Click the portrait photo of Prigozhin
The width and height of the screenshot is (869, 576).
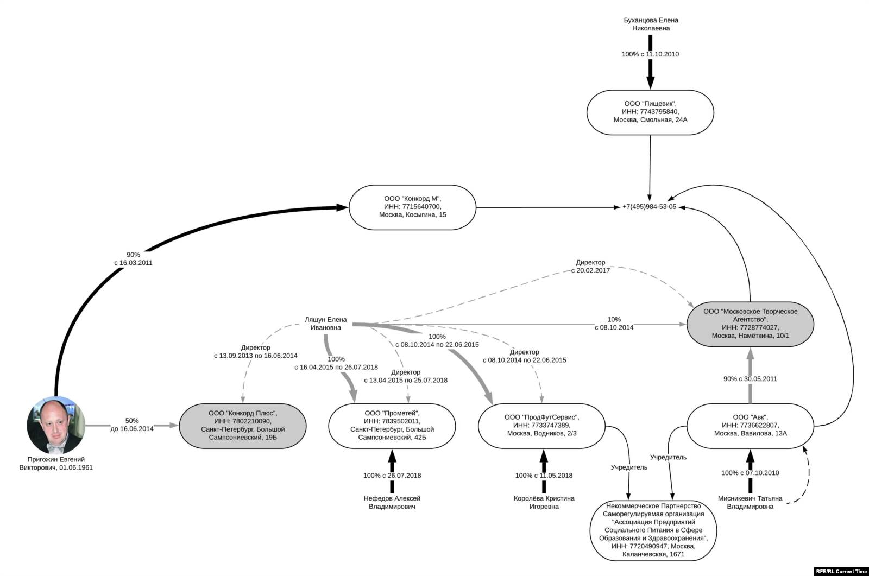point(56,426)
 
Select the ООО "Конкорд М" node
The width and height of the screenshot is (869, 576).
point(412,207)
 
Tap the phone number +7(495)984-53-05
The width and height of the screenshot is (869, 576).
point(649,207)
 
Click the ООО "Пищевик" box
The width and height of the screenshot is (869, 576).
point(650,112)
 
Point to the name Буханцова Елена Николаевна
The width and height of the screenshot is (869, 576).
point(651,24)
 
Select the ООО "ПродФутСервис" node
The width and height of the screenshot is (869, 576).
point(541,425)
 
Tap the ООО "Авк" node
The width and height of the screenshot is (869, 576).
point(750,425)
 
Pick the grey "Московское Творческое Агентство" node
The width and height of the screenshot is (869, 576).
point(750,324)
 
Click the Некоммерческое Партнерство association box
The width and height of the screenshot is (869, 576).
point(653,530)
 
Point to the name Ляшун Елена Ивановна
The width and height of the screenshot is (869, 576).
point(326,324)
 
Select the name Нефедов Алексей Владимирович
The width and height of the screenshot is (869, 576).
point(392,502)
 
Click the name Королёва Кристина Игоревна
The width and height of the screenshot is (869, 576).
point(544,502)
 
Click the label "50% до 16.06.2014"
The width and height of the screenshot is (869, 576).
point(132,425)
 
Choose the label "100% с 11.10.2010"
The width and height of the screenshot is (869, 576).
point(650,54)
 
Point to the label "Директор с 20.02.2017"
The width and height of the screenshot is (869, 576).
point(590,266)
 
